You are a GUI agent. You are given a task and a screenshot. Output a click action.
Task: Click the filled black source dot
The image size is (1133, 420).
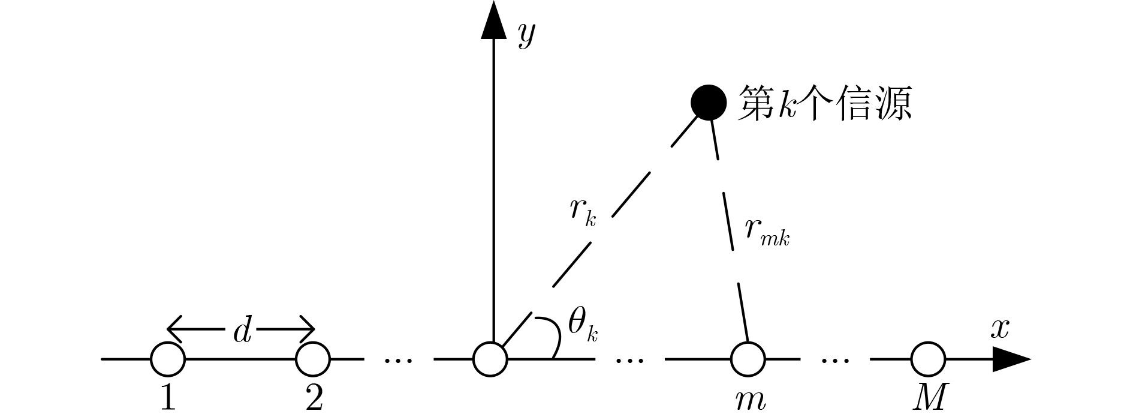pyautogui.click(x=708, y=103)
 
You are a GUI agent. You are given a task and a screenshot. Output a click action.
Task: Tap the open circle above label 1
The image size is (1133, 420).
pyautogui.click(x=168, y=359)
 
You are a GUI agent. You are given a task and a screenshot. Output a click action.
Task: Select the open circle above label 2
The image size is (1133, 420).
pyautogui.click(x=313, y=359)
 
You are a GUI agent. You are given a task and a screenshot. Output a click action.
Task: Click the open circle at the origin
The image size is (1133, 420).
pyautogui.click(x=490, y=359)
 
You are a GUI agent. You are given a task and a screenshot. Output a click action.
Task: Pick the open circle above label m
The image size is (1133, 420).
pyautogui.click(x=748, y=359)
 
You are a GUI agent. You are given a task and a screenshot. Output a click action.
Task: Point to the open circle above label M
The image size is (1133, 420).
pyautogui.click(x=928, y=359)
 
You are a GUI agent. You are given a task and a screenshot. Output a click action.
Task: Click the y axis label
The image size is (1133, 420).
pyautogui.click(x=526, y=36)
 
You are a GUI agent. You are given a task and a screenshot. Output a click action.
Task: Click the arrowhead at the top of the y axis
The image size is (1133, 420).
pyautogui.click(x=493, y=21)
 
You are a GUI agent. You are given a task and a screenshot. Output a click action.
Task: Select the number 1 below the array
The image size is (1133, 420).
pyautogui.click(x=168, y=397)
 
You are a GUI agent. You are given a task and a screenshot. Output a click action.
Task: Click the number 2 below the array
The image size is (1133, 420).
pyautogui.click(x=314, y=397)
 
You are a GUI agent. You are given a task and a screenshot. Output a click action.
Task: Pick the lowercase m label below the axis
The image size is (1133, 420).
pyautogui.click(x=750, y=400)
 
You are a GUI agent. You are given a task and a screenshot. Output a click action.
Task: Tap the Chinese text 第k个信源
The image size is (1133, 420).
pyautogui.click(x=825, y=103)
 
